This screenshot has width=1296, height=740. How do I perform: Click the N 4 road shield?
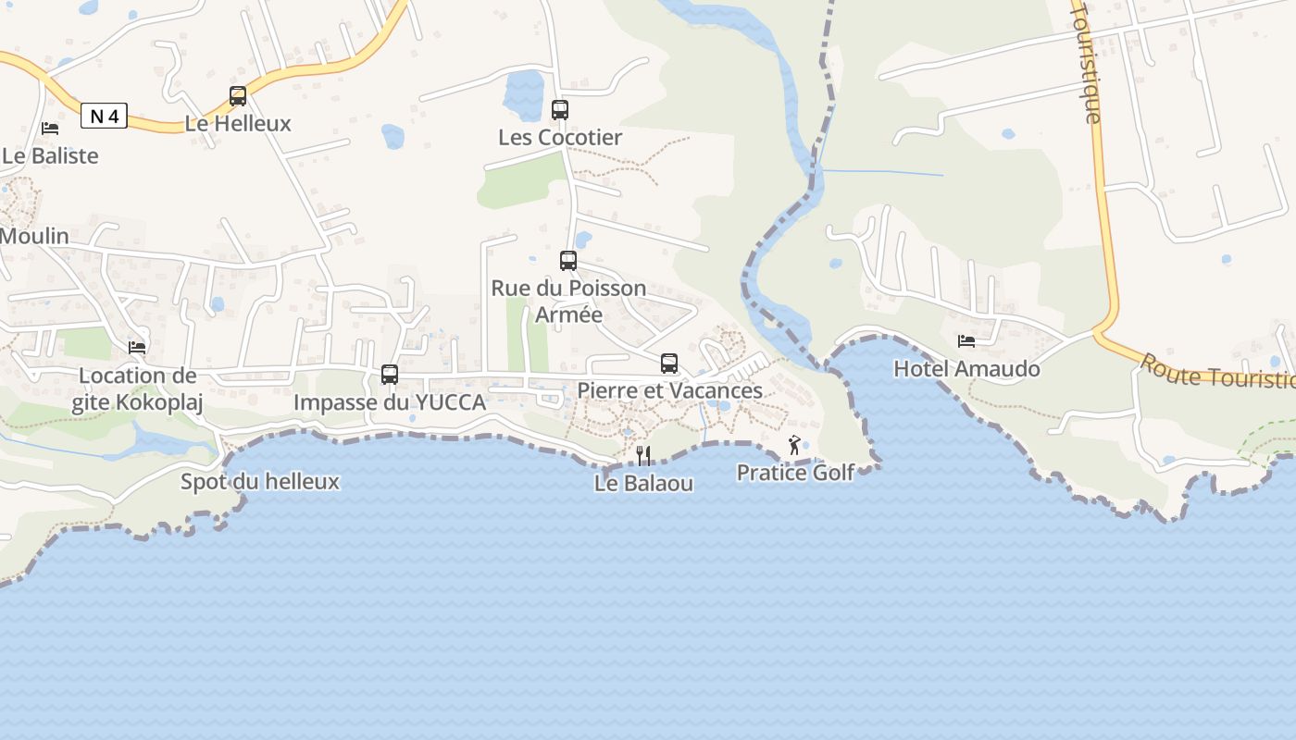[x=104, y=116]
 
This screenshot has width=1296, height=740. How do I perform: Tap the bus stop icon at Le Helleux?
[x=238, y=96]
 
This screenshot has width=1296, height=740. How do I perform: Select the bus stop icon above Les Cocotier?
[x=560, y=110]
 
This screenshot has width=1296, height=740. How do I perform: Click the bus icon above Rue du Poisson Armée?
[x=568, y=261]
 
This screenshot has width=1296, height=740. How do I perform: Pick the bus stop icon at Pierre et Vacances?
[x=669, y=364]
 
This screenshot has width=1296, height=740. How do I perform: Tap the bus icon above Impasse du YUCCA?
[x=390, y=375]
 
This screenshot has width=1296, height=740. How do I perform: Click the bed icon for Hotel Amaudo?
[x=966, y=341]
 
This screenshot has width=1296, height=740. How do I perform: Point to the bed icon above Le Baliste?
[x=50, y=129]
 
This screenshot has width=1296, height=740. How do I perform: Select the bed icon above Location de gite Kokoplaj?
[x=137, y=348]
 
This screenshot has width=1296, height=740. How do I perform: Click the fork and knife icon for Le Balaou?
[x=643, y=455]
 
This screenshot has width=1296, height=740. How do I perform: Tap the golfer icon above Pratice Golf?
[x=794, y=446]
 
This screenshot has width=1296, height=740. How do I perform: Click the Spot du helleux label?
[x=259, y=482]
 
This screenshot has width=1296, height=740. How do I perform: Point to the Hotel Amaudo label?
[x=966, y=369]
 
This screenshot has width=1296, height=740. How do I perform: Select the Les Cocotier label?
[x=560, y=138]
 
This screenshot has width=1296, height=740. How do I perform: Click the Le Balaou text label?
[x=643, y=483]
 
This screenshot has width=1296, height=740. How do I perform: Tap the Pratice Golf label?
[x=795, y=473]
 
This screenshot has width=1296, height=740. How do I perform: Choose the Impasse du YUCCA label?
[x=390, y=402]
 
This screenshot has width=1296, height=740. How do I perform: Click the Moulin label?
[x=34, y=236]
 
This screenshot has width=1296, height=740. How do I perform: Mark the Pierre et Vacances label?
[x=669, y=390]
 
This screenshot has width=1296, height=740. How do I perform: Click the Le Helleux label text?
[x=238, y=124]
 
